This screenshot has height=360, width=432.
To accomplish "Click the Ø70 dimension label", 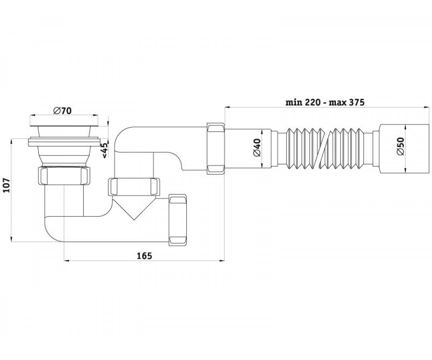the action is click(x=62, y=111).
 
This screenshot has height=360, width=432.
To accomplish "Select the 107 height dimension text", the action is click(x=7, y=185).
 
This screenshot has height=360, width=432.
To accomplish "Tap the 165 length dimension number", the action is click(x=144, y=256).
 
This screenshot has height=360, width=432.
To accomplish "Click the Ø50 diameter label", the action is click(x=400, y=146).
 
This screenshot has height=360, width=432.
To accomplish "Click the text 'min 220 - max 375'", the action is click(x=325, y=102).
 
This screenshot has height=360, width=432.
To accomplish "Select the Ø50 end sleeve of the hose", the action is click(x=404, y=149).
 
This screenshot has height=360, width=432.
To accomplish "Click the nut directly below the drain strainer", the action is click(x=64, y=176).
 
